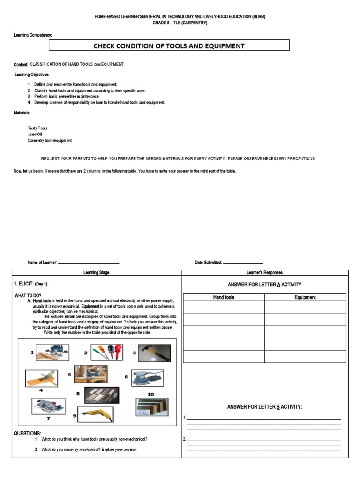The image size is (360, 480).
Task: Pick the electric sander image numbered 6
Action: (147, 377)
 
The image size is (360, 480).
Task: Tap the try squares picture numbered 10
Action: (152, 407)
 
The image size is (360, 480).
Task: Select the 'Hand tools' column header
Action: (224, 297)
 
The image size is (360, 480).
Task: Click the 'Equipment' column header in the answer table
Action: (305, 297)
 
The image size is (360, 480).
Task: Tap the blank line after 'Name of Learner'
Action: (88, 263)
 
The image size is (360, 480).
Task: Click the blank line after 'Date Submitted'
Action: (243, 263)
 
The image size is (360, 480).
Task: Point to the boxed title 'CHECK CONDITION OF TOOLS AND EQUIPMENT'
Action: (169, 45)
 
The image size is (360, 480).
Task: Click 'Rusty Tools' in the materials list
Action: (37, 128)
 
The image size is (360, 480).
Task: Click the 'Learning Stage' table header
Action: (96, 272)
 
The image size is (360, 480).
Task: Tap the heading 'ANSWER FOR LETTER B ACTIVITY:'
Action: (264, 407)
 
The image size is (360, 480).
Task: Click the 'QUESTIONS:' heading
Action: (27, 434)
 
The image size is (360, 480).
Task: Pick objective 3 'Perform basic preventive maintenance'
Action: (70, 96)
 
